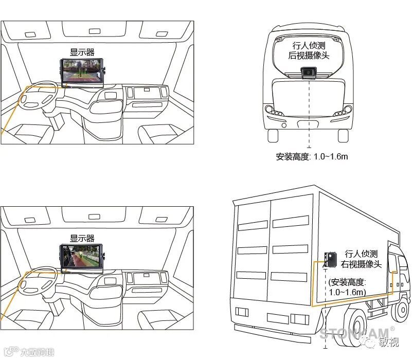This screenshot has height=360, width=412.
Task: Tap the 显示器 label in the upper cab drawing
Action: (82, 52)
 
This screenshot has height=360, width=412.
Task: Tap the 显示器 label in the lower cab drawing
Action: (82, 238)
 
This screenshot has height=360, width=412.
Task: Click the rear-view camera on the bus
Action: (308, 73)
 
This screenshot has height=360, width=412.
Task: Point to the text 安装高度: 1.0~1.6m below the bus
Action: (312, 156)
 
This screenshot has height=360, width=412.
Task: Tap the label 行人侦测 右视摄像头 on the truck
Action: (361, 259)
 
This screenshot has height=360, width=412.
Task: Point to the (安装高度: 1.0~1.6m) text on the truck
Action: (348, 287)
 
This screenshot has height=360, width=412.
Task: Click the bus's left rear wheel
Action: (273, 135)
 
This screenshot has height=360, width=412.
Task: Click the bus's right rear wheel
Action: (344, 135)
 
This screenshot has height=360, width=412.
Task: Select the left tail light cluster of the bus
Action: (273, 111)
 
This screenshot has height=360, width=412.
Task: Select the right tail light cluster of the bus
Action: (343, 111)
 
